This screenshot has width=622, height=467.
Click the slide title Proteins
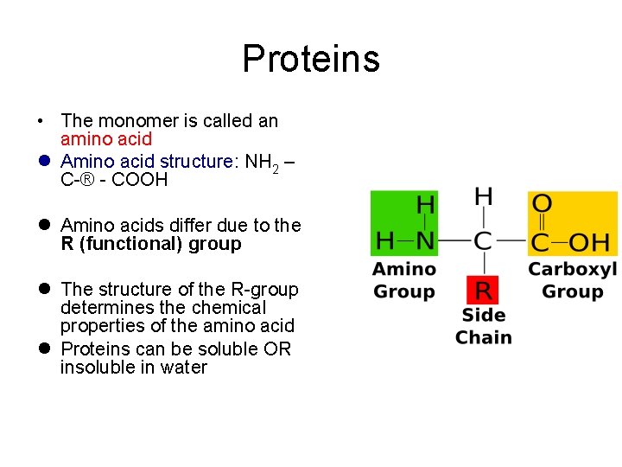pyautogui.click(x=311, y=59)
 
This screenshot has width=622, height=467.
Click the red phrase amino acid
pyautogui.click(x=106, y=139)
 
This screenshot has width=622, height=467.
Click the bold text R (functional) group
pyautogui.click(x=151, y=244)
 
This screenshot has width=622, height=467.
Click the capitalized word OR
pyautogui.click(x=278, y=349)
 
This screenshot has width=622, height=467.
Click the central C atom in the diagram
pyautogui.click(x=484, y=240)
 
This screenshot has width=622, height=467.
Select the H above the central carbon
pyautogui.click(x=484, y=196)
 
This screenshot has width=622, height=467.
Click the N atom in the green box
pyautogui.click(x=425, y=240)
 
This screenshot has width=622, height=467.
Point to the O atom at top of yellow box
pyautogui.click(x=542, y=205)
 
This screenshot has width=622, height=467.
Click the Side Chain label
pyautogui.click(x=484, y=326)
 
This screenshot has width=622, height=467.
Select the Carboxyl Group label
pyautogui.click(x=572, y=280)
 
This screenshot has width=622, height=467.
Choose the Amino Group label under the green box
pyautogui.click(x=403, y=280)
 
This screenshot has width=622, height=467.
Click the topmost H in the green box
pyautogui.click(x=425, y=205)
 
